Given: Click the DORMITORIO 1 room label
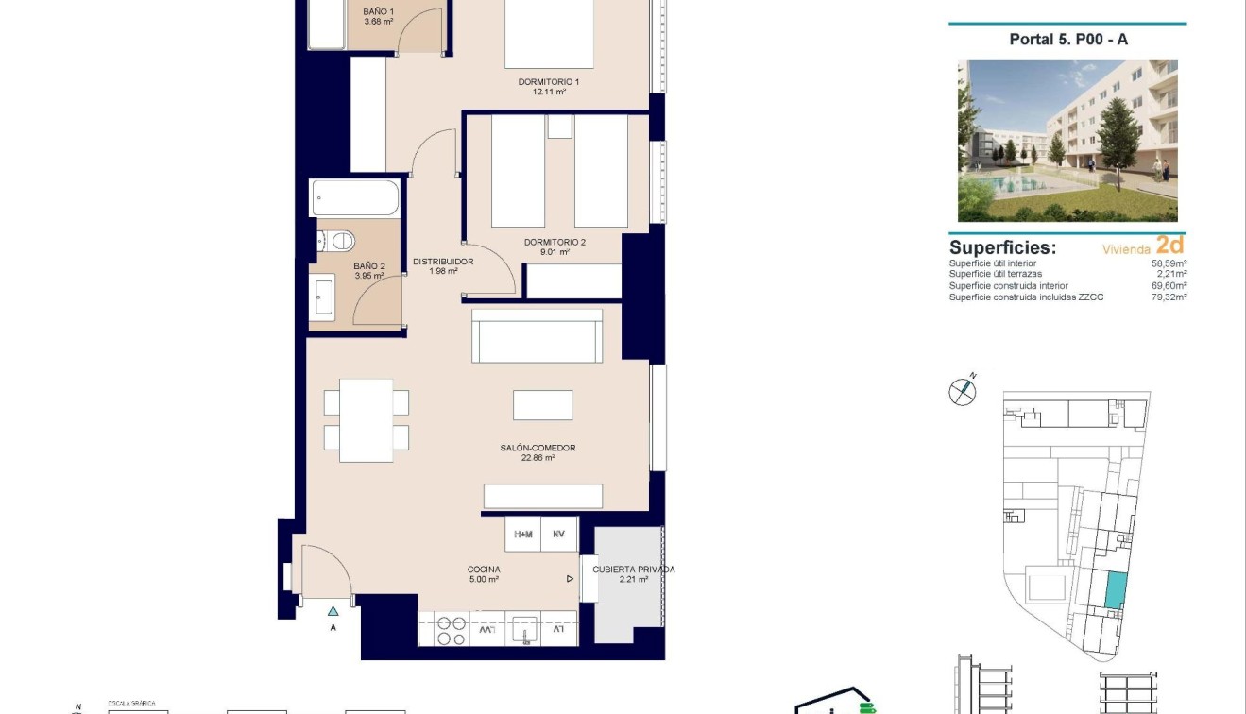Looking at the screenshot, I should [549, 82].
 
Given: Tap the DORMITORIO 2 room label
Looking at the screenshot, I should [555, 243].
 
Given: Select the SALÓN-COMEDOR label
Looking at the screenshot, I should [538, 449].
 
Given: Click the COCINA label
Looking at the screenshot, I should [484, 569].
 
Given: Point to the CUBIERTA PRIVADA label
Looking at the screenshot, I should [633, 569].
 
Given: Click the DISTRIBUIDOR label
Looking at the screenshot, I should [442, 262].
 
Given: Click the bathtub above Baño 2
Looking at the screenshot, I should [355, 198].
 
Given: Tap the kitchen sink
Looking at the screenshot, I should [523, 630].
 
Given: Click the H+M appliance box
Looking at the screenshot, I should [522, 535].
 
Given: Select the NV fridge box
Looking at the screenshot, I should [559, 535].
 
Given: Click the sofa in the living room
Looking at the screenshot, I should [537, 336].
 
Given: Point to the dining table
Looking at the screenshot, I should [366, 420].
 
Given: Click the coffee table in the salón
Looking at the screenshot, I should [543, 405].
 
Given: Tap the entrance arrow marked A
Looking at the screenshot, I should [333, 611].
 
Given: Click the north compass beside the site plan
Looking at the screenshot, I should [962, 390].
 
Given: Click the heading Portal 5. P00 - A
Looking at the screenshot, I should [1068, 39].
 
